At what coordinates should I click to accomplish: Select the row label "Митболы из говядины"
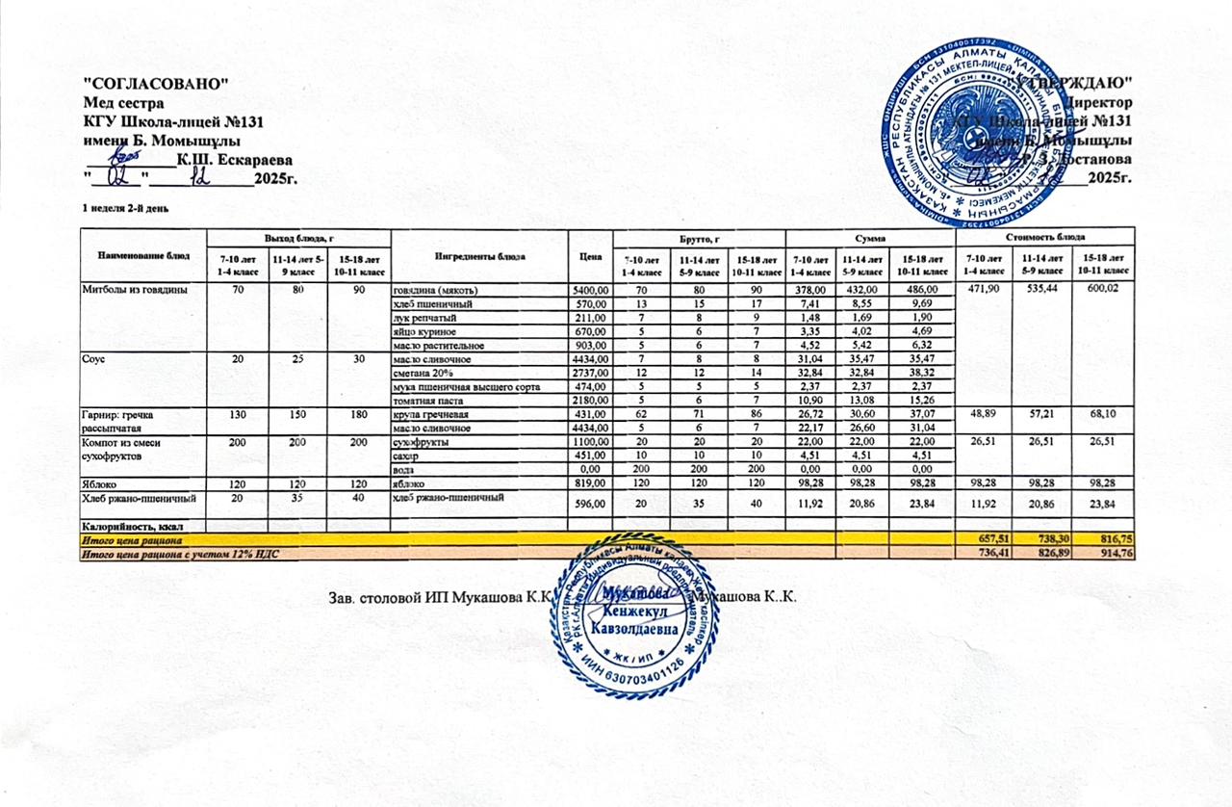click(134, 289)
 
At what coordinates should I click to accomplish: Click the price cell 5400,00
click(591, 289)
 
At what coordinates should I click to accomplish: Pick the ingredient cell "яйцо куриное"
click(423, 331)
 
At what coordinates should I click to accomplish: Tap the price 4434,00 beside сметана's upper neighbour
click(591, 358)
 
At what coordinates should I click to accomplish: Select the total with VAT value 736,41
click(983, 554)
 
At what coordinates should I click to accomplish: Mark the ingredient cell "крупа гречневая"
click(429, 413)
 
